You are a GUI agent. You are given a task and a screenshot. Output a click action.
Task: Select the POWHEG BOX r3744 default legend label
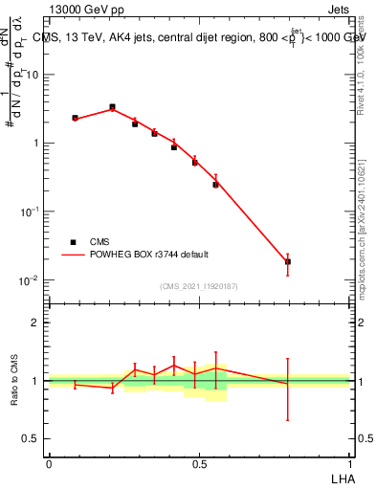[x=150, y=255]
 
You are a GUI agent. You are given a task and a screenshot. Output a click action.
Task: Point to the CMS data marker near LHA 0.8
[x=288, y=261]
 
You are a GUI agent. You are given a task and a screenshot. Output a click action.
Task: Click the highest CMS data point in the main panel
[x=112, y=107]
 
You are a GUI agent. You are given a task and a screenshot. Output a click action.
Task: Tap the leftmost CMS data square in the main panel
[x=75, y=118]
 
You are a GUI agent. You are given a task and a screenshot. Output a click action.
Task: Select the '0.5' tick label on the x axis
[x=198, y=463]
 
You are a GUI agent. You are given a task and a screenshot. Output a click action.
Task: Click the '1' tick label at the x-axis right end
[x=349, y=463]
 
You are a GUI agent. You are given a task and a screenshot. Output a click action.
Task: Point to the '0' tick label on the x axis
[x=48, y=463]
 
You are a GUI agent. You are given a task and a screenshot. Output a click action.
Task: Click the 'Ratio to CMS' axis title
[x=14, y=380]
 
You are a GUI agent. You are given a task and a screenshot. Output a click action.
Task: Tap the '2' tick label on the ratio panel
[x=35, y=323]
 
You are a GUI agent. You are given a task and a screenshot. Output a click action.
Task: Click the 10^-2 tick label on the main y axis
[x=29, y=280]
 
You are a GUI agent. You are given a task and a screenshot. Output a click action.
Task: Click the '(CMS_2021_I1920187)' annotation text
[x=198, y=286]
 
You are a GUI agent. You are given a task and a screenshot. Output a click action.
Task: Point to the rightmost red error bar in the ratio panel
[x=288, y=389]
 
